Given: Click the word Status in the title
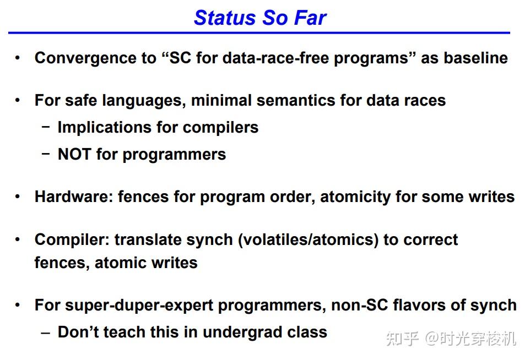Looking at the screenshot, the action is click(x=225, y=18).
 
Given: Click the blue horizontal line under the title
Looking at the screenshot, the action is click(x=259, y=33).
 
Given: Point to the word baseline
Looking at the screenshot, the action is click(x=475, y=58).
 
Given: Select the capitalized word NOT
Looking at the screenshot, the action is click(x=74, y=154).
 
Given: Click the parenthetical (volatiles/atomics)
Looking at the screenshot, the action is click(x=309, y=240).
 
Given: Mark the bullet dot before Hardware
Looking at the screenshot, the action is click(x=18, y=197).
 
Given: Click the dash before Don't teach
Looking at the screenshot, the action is click(x=46, y=333).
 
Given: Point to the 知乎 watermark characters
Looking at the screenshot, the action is click(x=402, y=339).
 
